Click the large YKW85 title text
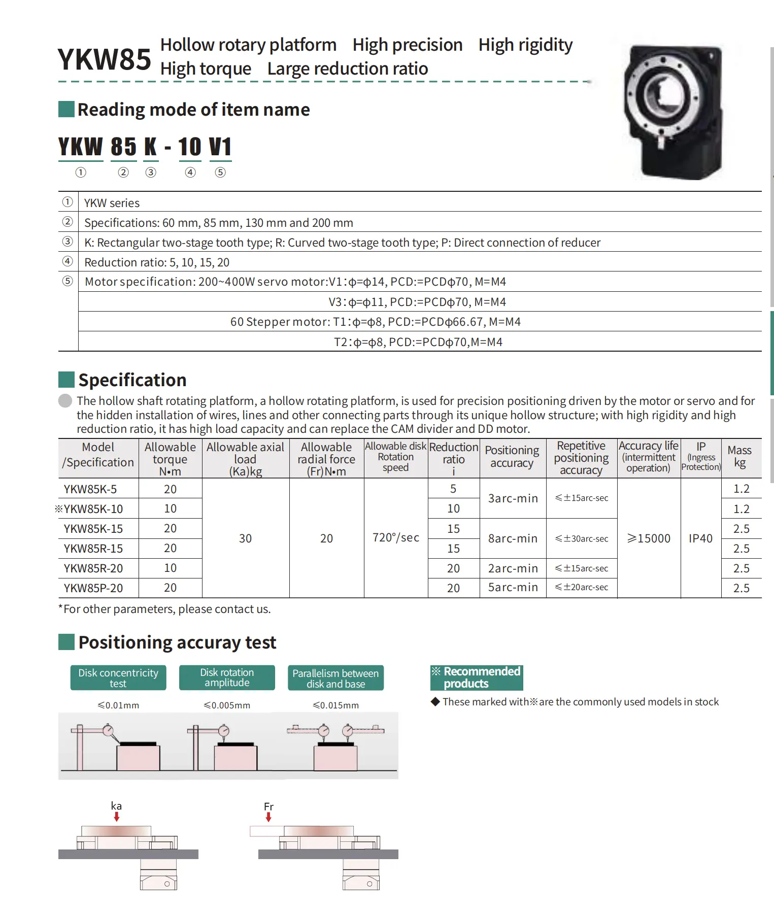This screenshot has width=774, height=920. point(104,59)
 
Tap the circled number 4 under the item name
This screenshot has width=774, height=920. point(190,173)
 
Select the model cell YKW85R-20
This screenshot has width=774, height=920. point(93,568)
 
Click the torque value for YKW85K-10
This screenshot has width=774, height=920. point(170,509)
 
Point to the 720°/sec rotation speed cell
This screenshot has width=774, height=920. point(396,538)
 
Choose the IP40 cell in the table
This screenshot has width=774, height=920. point(700,538)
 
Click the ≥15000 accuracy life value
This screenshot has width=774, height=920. point(649,538)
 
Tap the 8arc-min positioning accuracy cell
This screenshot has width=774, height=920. point(513,538)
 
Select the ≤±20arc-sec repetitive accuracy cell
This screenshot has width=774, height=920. point(582,588)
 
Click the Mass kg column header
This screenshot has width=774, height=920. point(739,456)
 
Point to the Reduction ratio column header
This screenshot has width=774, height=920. point(454,458)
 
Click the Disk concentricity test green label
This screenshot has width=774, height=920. point(118,678)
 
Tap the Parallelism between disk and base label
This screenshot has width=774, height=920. point(335,678)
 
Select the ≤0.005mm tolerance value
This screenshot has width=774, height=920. point(227,705)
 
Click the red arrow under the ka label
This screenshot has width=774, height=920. point(117,817)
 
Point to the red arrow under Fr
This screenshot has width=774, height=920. point(268,817)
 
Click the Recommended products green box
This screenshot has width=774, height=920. point(476,678)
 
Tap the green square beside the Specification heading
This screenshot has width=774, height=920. point(66,380)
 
